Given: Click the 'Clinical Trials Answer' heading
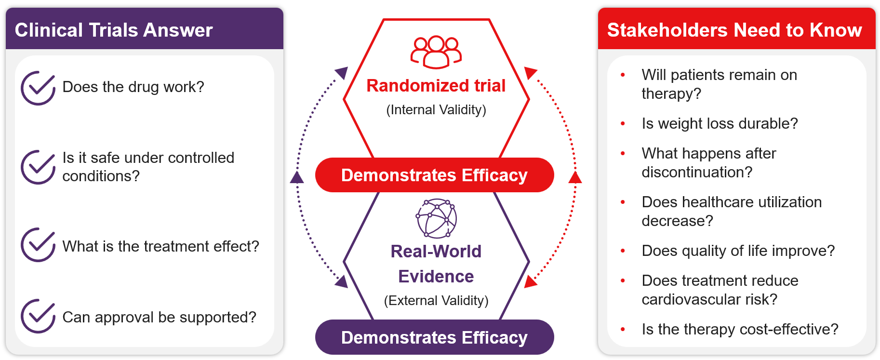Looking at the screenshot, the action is point(114,30).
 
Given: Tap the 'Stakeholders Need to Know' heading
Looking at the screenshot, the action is point(734,30).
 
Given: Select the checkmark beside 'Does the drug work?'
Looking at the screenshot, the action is point(38,88).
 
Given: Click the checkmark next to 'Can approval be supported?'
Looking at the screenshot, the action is point(38,316).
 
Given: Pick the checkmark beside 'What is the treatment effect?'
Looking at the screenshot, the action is point(38,244).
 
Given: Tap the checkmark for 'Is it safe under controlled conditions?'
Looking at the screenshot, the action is point(38,167).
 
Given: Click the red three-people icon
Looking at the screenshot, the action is point(436,52).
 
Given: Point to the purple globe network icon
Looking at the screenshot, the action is point(436,218).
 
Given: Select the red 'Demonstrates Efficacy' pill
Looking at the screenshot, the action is point(434,175).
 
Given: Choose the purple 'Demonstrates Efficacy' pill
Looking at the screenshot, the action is point(434,337).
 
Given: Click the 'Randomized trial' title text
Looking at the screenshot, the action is point(436,85).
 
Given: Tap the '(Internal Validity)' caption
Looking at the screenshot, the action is point(436,110).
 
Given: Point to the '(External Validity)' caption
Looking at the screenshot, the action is point(436,301).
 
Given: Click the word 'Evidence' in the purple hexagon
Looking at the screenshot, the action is point(436,276).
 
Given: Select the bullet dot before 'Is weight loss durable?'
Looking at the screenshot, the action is point(623,124).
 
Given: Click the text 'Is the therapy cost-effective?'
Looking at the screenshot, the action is point(740,329).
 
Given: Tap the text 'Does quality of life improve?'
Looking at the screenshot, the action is point(738,251).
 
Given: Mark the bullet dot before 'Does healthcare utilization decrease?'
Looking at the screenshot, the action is point(623,202).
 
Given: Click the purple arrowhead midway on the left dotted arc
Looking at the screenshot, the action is point(297,177).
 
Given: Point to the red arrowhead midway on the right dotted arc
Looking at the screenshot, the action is point(575,177).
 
